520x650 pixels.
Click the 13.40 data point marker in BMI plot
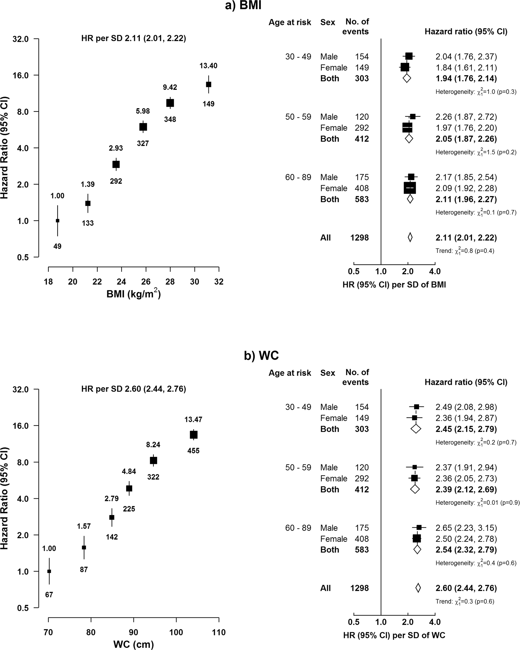pos(208,85)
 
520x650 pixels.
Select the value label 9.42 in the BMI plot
pos(170,87)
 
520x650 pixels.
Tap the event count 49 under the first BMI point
pos(57,246)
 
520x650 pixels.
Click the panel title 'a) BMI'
pos(243,6)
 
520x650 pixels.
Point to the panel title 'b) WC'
pos(261,356)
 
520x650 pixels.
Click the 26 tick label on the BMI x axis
pos(146,282)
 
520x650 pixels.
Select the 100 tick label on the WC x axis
pos(176,632)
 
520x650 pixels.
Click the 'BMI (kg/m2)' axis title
pos(133,294)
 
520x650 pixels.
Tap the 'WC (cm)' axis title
pos(133,644)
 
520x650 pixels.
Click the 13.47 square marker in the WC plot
pos(193,435)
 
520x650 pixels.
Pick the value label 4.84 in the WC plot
pos(129,471)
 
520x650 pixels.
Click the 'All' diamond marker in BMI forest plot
pos(410,237)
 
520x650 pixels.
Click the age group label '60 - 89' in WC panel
pos(298,528)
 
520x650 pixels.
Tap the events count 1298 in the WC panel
pos(359,588)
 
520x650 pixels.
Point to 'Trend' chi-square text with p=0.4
pos(465,251)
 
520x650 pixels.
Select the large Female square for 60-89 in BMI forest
pos(410,188)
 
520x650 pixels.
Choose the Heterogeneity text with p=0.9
pos(477,502)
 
